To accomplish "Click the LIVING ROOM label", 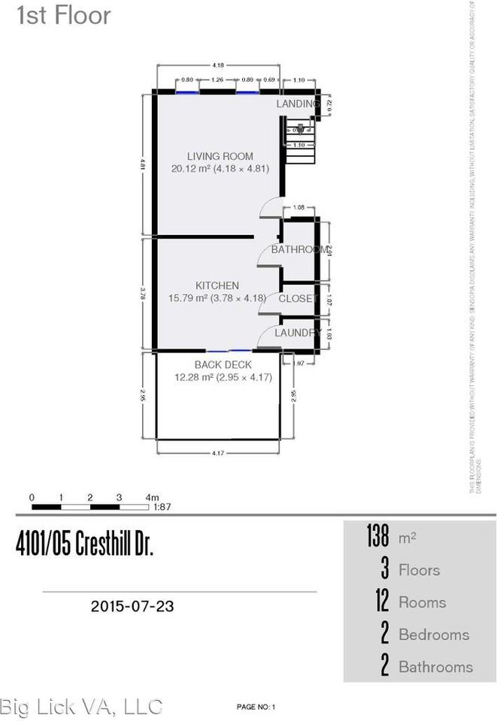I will [x=220, y=156].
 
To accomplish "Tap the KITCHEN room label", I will [x=217, y=285].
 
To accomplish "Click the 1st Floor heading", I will [x=64, y=16].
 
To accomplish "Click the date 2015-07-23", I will [x=132, y=605].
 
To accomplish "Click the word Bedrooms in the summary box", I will [x=434, y=635].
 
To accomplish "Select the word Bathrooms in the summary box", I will [x=435, y=667].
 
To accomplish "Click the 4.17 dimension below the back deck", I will [x=219, y=453].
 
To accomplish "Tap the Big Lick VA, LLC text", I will [x=81, y=706].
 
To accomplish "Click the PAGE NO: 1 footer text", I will [x=256, y=707].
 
